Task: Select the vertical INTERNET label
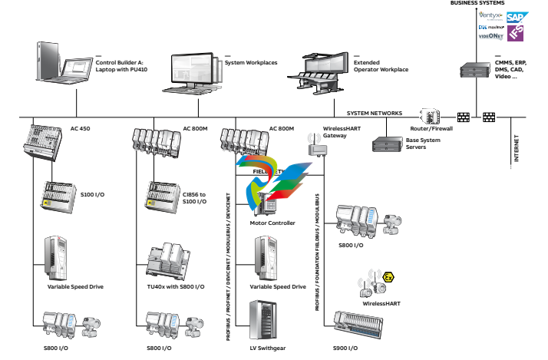tap(516, 150)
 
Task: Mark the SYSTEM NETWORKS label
tap(374, 113)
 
